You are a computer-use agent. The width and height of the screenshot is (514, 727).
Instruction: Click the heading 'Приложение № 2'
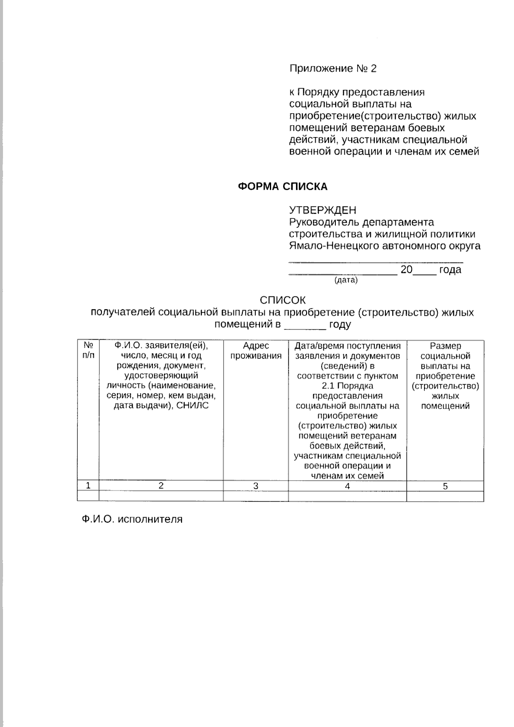click(x=333, y=69)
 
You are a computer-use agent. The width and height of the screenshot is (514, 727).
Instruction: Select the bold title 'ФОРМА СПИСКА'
click(x=283, y=186)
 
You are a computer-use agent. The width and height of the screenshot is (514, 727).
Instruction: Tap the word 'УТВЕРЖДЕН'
click(x=323, y=210)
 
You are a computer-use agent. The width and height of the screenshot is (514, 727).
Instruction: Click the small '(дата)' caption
click(x=346, y=280)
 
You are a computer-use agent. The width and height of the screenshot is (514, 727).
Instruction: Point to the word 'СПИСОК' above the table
click(x=283, y=300)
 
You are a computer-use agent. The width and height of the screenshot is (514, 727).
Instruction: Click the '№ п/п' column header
click(x=88, y=350)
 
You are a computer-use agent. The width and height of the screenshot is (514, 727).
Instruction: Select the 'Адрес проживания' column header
click(x=256, y=350)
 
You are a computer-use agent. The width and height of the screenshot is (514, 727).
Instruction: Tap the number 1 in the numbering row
click(x=88, y=485)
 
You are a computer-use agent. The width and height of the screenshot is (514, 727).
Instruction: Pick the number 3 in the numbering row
click(x=256, y=486)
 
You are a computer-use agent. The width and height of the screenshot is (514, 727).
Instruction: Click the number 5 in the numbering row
click(x=445, y=486)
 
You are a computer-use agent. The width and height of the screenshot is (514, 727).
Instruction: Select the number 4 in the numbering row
click(x=347, y=486)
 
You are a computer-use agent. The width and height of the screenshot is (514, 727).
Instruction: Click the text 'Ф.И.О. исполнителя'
click(x=132, y=519)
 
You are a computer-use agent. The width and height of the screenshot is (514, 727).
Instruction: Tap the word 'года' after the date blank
click(x=450, y=269)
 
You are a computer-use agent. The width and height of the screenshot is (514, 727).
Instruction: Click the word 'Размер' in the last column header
click(x=445, y=346)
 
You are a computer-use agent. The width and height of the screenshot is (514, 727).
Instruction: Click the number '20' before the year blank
click(x=406, y=269)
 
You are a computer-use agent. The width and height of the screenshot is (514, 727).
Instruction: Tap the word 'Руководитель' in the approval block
click(x=324, y=222)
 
